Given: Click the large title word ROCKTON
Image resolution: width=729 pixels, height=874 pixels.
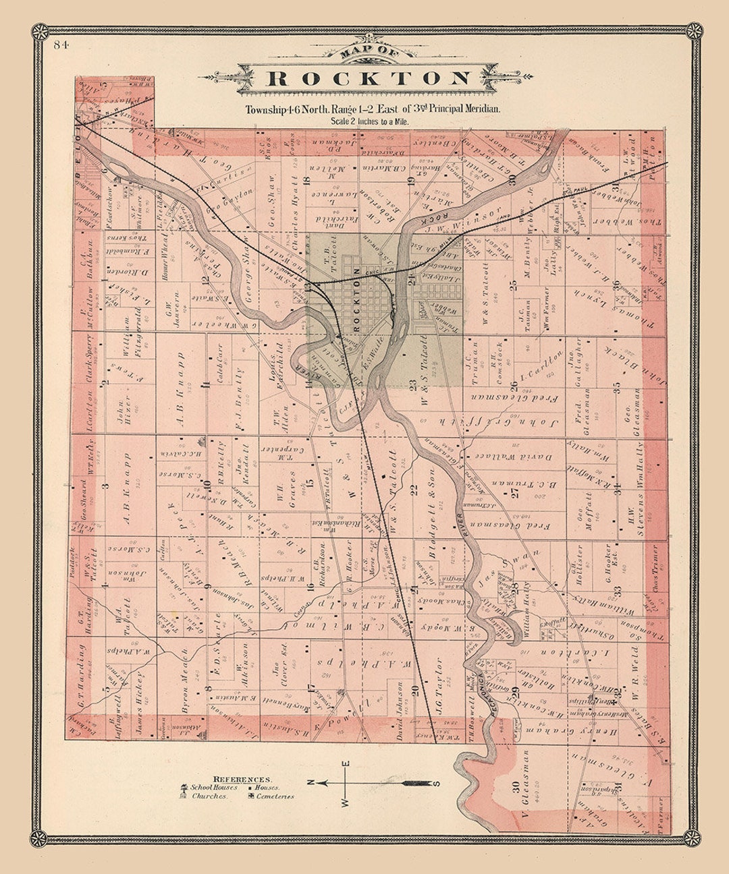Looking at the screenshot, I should point(367,78).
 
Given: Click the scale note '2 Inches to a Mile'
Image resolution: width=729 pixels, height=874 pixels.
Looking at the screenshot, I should point(369,121).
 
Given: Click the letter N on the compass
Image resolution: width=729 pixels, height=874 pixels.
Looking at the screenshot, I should point(310,782).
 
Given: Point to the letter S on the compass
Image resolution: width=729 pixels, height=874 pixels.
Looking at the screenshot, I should point(437,783).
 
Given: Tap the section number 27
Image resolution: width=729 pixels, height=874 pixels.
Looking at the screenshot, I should point(515,493).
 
